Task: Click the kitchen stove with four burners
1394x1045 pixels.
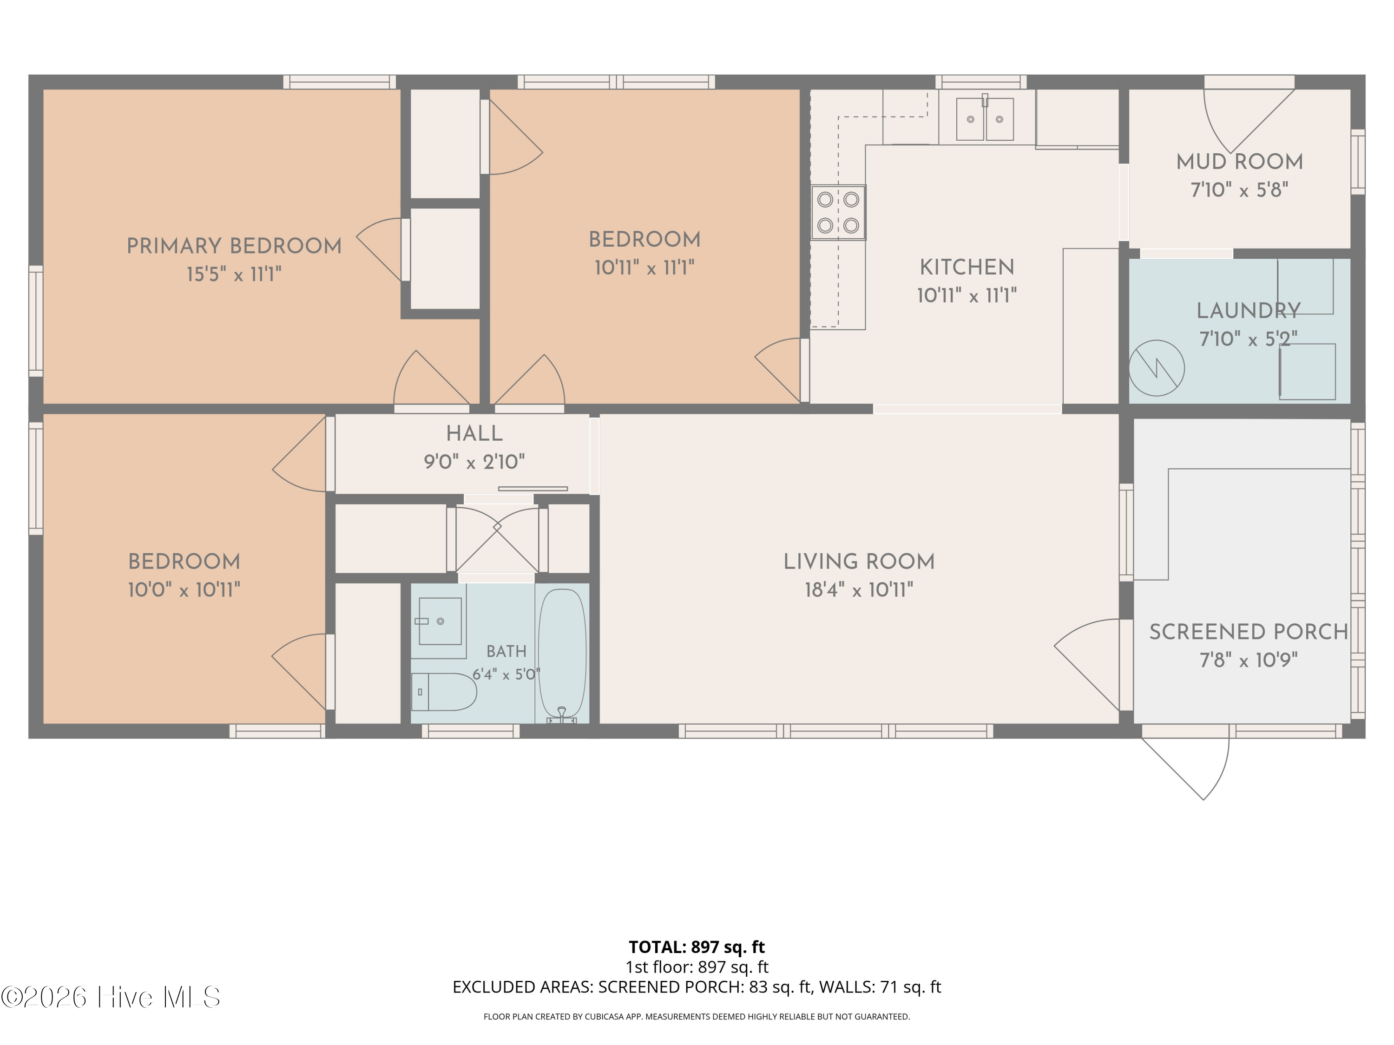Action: coord(838,212)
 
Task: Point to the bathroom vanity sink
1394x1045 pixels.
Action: coord(440,621)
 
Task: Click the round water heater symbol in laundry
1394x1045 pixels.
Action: coord(1157,368)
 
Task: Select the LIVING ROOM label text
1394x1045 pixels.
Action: coord(859,561)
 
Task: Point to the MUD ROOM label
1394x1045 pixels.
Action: coord(1240,162)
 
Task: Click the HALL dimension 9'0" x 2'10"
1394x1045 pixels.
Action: coord(474,462)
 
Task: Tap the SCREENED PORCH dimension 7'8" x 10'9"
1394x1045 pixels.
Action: coord(1249,660)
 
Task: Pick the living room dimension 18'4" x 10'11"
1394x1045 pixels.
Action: coord(859,589)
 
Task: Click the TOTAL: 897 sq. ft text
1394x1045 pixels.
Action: coord(697,947)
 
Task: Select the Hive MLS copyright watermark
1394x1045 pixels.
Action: coord(111,997)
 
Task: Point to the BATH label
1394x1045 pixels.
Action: coord(506,651)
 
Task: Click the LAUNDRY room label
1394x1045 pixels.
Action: coord(1249,311)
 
